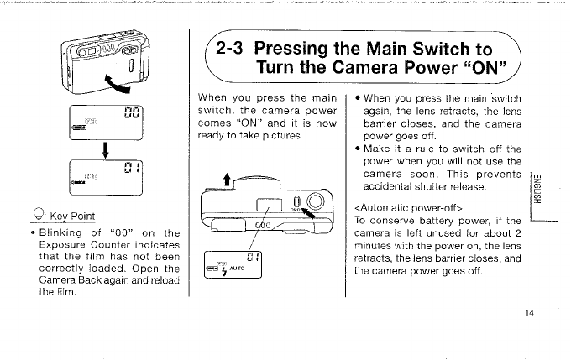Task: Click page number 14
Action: point(529,313)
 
